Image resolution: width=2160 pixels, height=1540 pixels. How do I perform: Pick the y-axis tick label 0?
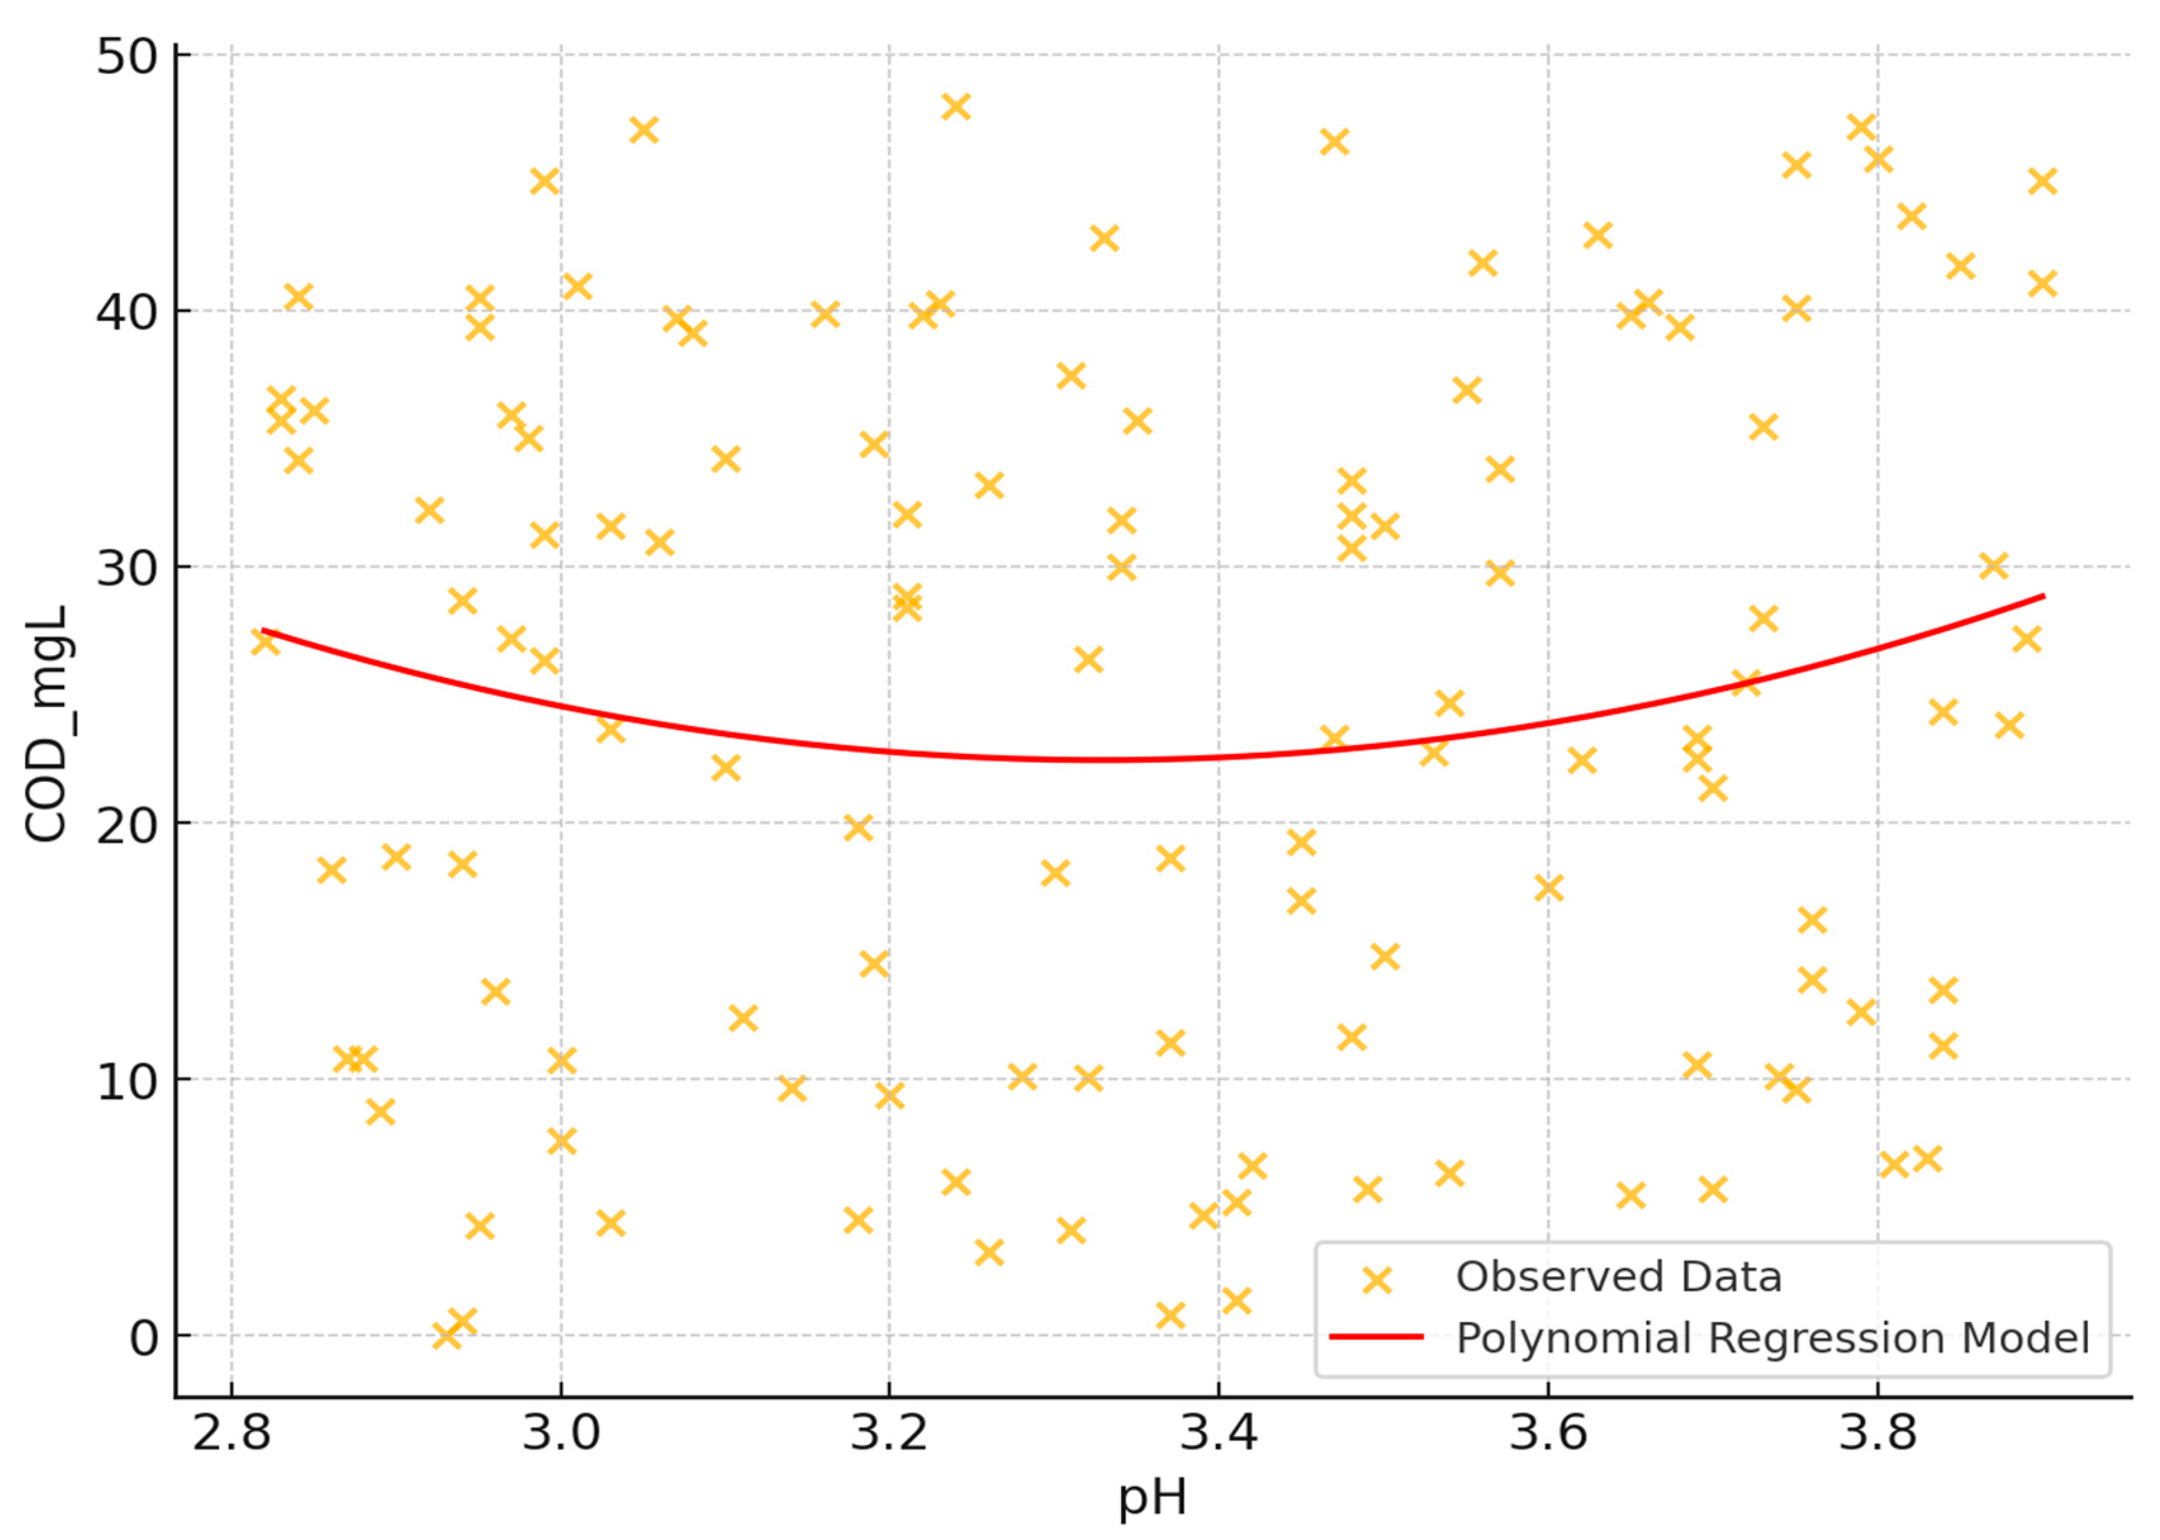pos(143,1338)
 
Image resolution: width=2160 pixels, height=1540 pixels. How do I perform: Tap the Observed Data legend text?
pos(1619,1277)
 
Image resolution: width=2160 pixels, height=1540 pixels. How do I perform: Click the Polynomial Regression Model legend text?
pos(1772,1338)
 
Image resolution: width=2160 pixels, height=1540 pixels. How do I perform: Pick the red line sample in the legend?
pos(1376,1337)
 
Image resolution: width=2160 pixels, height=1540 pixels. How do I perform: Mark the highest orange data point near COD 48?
pos(956,107)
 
